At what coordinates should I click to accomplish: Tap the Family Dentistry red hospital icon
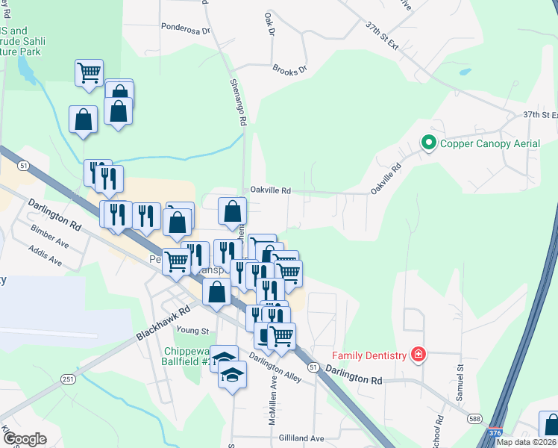[418, 355]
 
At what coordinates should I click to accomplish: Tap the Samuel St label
[460, 382]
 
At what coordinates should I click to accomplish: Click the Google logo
[24, 439]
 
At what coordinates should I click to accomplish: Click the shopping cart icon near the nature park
[89, 73]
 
